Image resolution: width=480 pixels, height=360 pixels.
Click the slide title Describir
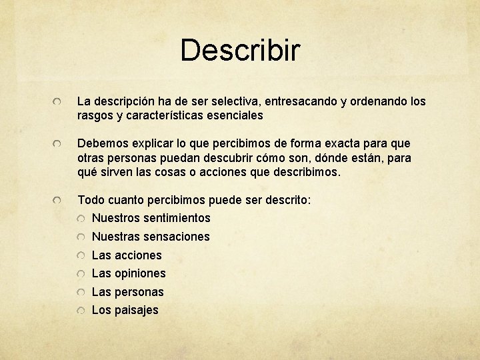(x=240, y=50)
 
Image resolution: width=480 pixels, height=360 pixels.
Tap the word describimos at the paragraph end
(x=307, y=172)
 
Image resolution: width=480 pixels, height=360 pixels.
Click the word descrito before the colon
(x=287, y=200)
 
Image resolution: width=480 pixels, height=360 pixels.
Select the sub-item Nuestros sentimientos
(x=151, y=218)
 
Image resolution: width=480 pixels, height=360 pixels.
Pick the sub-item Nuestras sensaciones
(x=151, y=237)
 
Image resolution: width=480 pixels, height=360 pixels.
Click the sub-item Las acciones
(x=127, y=255)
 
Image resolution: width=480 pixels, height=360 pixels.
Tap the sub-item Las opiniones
(x=129, y=273)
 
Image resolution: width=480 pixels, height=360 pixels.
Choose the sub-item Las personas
(x=127, y=292)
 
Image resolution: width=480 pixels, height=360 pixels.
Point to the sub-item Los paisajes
(x=125, y=310)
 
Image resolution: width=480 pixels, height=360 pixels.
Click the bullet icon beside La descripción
(x=60, y=103)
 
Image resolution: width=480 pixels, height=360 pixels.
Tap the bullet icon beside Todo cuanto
(x=60, y=201)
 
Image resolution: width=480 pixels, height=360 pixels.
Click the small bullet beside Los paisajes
(x=80, y=311)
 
